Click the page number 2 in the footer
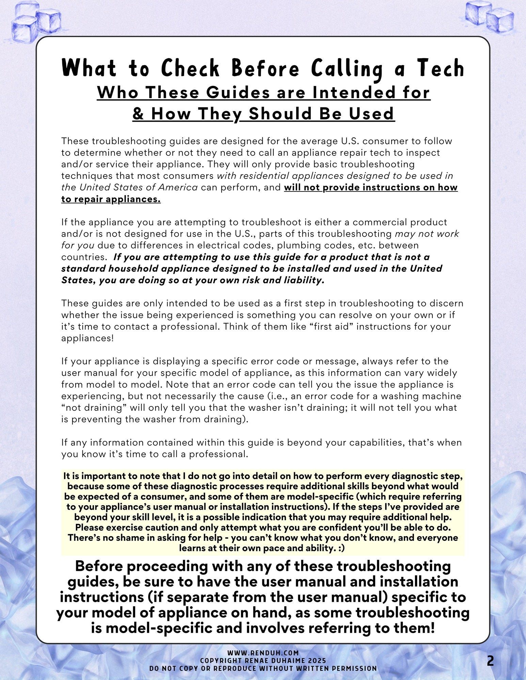click(x=490, y=661)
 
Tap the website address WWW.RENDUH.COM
click(x=263, y=653)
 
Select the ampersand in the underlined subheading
click(x=138, y=114)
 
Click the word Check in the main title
click(x=190, y=68)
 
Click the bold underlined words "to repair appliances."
click(x=111, y=199)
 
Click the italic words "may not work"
click(x=427, y=234)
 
